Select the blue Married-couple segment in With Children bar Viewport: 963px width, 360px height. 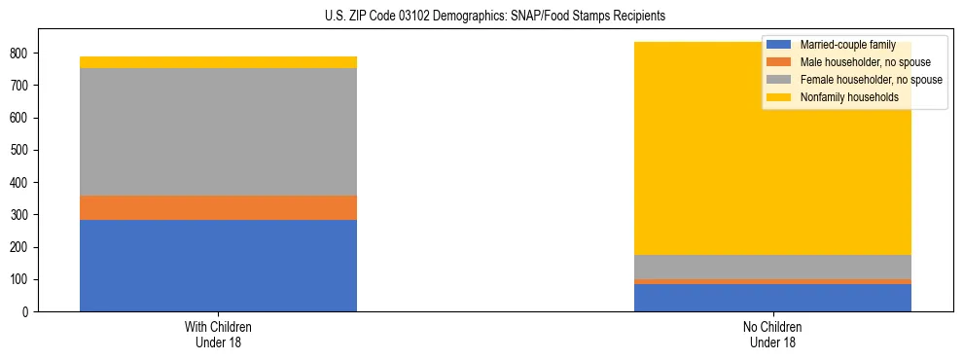(x=218, y=266)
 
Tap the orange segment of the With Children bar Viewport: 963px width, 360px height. (x=218, y=208)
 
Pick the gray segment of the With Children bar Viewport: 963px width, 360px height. (x=218, y=132)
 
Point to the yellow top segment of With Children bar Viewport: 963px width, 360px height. (x=218, y=62)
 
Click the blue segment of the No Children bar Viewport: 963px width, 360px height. (x=772, y=298)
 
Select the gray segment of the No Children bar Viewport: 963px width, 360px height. (x=772, y=268)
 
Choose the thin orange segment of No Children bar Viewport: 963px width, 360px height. (x=772, y=282)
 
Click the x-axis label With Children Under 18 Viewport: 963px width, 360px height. (x=218, y=334)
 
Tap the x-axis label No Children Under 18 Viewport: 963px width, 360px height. (x=772, y=334)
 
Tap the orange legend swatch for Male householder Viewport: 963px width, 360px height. (x=778, y=62)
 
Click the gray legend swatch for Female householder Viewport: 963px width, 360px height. (x=778, y=80)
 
